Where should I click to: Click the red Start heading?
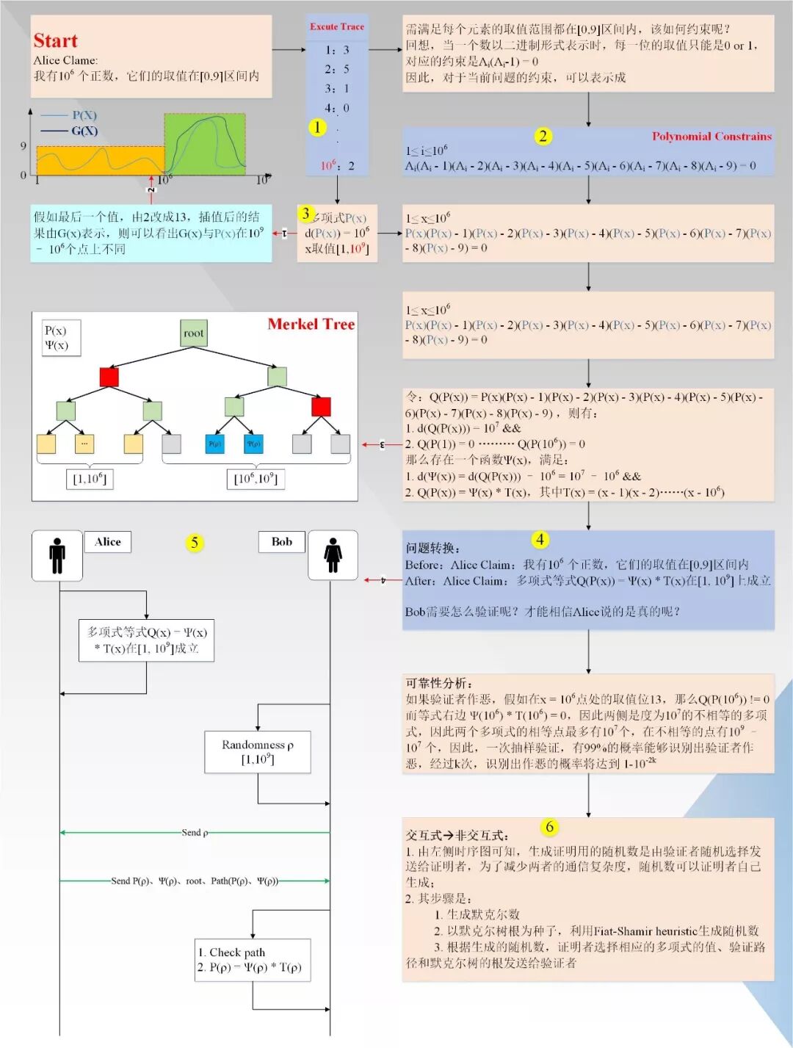click(x=55, y=40)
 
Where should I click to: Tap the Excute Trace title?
click(x=336, y=26)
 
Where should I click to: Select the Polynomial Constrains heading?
click(x=711, y=136)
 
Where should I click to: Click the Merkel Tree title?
click(x=311, y=324)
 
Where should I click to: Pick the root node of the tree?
click(x=194, y=333)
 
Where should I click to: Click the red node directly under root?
click(x=109, y=377)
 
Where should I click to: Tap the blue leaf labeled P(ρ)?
click(x=215, y=444)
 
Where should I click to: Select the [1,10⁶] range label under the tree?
click(x=90, y=479)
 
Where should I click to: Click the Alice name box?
click(x=107, y=542)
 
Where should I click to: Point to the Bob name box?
click(x=281, y=542)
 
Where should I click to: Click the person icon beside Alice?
click(x=57, y=555)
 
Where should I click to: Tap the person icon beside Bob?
click(x=333, y=555)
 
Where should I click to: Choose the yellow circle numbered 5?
click(x=194, y=543)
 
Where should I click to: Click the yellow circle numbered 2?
click(x=543, y=136)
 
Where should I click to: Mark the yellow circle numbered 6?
click(x=549, y=827)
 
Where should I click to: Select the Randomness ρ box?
click(x=257, y=751)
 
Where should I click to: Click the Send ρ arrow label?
click(x=195, y=832)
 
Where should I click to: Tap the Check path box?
click(x=252, y=960)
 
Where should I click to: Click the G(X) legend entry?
click(x=83, y=131)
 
